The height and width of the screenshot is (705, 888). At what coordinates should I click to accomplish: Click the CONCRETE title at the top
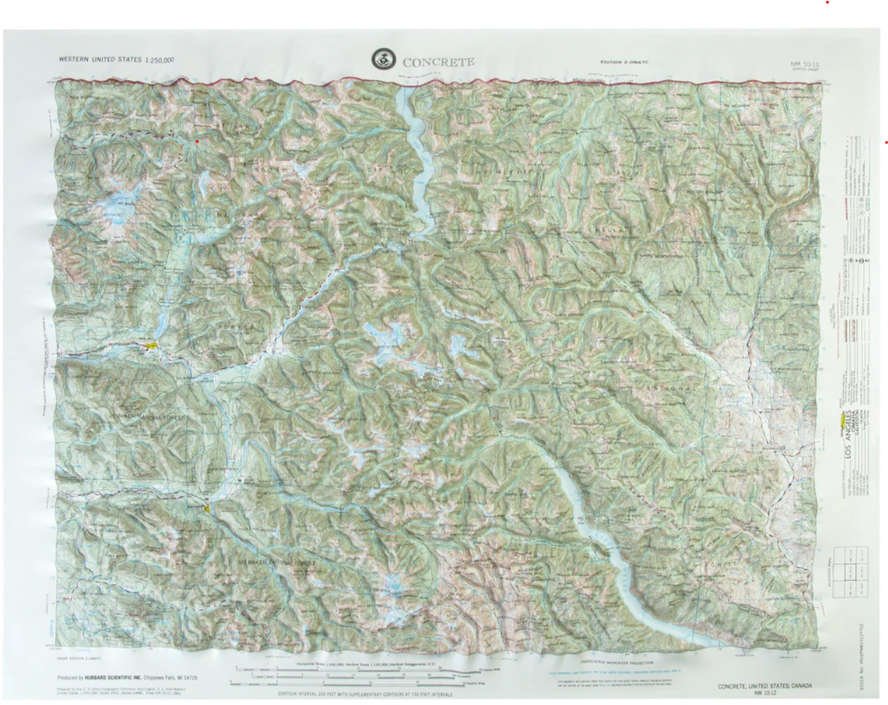click(x=438, y=62)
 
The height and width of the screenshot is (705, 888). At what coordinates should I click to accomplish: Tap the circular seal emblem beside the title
click(x=384, y=60)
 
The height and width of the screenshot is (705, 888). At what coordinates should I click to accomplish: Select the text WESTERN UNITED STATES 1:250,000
click(x=117, y=60)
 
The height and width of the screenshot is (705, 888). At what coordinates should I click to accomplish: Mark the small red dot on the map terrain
click(x=197, y=141)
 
